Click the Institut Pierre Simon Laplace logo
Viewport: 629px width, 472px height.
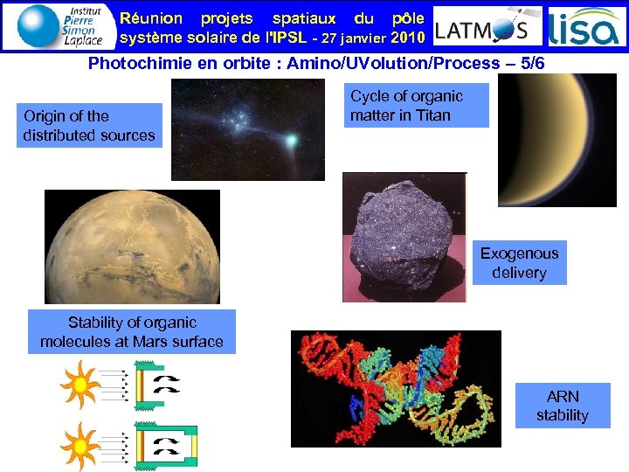(x=59, y=25)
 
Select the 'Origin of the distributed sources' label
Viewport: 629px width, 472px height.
(x=89, y=126)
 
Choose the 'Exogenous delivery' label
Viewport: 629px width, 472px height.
(x=519, y=263)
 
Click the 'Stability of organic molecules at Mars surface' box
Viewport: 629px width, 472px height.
(x=132, y=332)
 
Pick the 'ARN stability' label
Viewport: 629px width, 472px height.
(x=562, y=406)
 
